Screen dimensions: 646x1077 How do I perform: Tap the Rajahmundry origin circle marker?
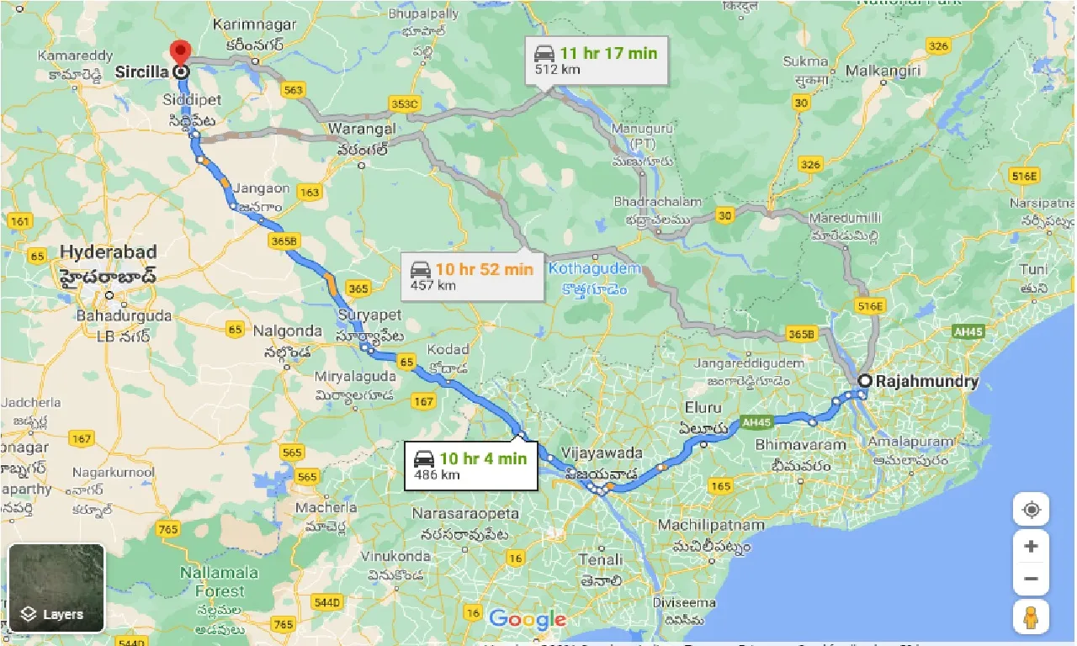(864, 381)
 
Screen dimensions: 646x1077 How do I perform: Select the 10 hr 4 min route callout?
(470, 465)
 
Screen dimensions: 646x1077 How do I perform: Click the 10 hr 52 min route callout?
(472, 276)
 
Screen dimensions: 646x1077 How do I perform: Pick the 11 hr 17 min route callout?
(597, 61)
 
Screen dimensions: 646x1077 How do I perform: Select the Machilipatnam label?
(711, 526)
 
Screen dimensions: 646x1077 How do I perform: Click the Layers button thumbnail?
(56, 587)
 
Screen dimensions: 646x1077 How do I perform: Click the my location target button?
(1031, 510)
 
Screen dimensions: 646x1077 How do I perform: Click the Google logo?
(527, 621)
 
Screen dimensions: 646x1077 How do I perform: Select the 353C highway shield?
(405, 103)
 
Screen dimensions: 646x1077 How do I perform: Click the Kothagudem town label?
(593, 270)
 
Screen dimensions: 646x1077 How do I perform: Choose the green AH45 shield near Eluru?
(756, 422)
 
